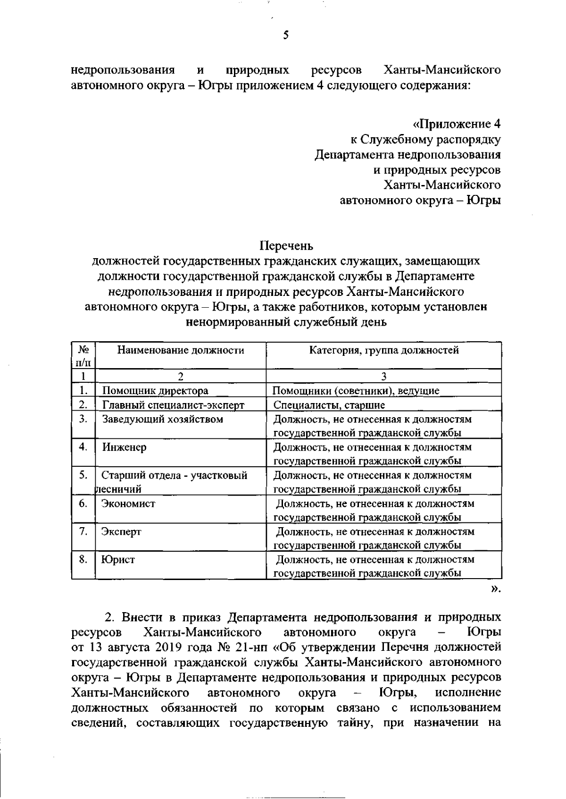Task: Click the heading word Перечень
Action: click(x=286, y=246)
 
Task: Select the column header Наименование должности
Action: click(x=181, y=350)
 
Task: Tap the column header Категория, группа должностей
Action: click(x=383, y=350)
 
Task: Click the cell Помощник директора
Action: click(x=155, y=391)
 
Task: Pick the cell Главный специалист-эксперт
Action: click(x=173, y=405)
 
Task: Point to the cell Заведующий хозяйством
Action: click(x=162, y=419)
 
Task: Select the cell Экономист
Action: click(x=128, y=504)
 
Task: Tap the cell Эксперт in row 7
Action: click(x=121, y=532)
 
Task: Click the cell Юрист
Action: click(x=118, y=560)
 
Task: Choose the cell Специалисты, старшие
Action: click(x=329, y=405)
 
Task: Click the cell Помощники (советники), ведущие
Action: click(x=357, y=391)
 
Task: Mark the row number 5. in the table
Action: click(x=83, y=475)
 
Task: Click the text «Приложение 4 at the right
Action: click(x=457, y=124)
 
